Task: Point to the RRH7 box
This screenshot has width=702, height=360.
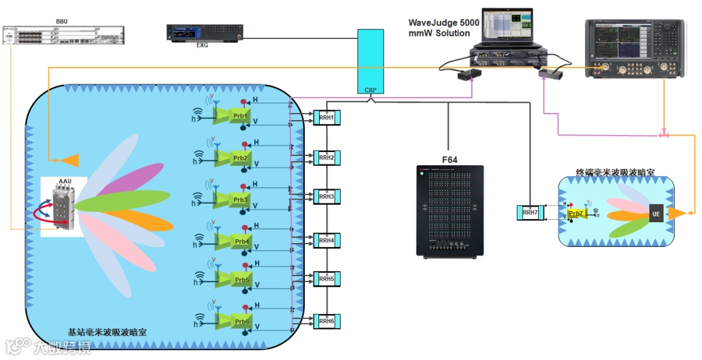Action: click(529, 212)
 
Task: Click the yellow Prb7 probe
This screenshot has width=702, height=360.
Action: click(575, 213)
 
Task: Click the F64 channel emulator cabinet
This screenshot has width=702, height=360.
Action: click(450, 211)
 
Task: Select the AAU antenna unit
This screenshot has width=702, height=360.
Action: click(64, 206)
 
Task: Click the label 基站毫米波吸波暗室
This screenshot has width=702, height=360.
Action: click(107, 332)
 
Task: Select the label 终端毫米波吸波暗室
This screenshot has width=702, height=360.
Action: click(615, 173)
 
